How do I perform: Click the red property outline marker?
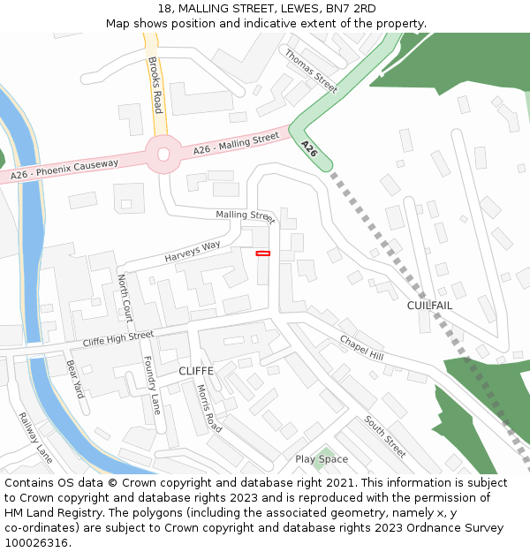click(x=262, y=253)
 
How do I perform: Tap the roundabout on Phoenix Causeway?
click(x=163, y=155)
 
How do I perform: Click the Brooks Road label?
click(x=155, y=85)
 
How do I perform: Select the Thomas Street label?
click(x=311, y=71)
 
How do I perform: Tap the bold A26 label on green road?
click(x=308, y=148)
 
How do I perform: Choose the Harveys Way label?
click(x=192, y=252)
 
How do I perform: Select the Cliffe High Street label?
click(x=117, y=338)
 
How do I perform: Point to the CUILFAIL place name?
click(x=429, y=306)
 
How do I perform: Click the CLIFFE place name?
click(x=196, y=371)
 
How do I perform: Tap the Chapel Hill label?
click(x=361, y=348)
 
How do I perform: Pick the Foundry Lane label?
click(x=151, y=385)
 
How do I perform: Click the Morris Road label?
click(x=210, y=408)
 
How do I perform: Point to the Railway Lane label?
click(x=35, y=438)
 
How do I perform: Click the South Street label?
click(x=385, y=437)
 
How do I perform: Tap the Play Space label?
click(x=322, y=459)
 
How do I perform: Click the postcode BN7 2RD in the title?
click(x=351, y=9)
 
